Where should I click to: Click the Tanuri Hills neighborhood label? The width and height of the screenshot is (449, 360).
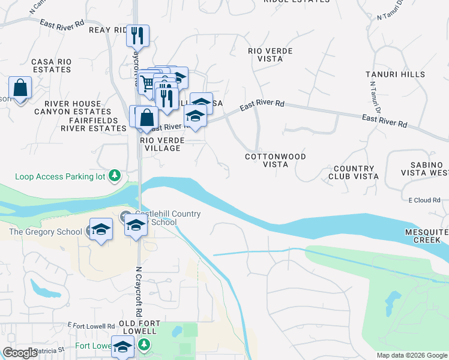pos(396,75)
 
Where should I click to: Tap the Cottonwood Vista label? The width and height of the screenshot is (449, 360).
pos(276,160)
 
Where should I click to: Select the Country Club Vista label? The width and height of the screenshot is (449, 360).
pos(354,173)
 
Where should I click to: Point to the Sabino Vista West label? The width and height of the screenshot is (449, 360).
pos(418,168)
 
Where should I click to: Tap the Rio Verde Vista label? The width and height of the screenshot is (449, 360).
pos(270,55)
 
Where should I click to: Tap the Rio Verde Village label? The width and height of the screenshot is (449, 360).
pos(161,144)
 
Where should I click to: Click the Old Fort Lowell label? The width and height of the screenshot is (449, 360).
pos(137,327)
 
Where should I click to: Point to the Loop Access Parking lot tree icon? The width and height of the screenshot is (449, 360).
pos(115,176)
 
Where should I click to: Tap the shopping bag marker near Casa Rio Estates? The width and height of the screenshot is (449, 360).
pos(20,88)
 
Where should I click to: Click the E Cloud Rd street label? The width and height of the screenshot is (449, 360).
pos(424,200)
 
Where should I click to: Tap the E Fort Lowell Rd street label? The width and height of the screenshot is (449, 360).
pos(90,325)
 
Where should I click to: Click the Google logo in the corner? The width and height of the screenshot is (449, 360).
pos(20,353)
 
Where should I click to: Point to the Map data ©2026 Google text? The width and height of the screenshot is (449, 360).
pos(411,355)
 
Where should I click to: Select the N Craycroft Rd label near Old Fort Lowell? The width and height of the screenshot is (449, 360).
pos(139,292)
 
